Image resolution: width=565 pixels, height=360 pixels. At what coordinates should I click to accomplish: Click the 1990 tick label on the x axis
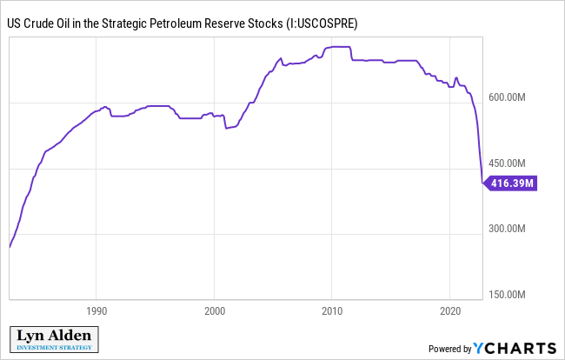[96, 310]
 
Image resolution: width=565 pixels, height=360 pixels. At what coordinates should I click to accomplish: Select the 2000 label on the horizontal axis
[215, 310]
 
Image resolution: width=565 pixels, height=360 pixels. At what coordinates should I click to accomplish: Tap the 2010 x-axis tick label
[332, 310]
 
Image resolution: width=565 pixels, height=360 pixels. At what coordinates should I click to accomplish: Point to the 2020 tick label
[449, 310]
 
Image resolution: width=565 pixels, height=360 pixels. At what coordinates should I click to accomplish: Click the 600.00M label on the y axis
[507, 97]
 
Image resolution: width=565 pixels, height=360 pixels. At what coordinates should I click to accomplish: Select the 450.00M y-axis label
[507, 163]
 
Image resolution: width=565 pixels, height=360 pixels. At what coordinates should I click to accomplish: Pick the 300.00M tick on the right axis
[507, 229]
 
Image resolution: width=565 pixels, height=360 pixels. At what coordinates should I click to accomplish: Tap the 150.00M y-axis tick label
[507, 295]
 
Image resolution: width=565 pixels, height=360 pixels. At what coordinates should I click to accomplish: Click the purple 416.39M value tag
[511, 183]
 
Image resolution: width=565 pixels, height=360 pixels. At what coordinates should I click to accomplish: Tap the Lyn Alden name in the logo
[53, 337]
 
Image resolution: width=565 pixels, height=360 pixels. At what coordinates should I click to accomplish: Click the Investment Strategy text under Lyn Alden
[53, 349]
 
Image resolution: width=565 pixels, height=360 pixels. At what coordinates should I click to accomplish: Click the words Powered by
[449, 349]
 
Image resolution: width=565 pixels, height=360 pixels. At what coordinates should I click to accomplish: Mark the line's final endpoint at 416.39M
[483, 183]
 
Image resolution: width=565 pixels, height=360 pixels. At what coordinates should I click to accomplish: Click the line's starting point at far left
[10, 247]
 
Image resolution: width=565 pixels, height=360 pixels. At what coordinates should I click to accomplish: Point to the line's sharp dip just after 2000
[226, 128]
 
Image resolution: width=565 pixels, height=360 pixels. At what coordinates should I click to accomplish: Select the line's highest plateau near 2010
[337, 47]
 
